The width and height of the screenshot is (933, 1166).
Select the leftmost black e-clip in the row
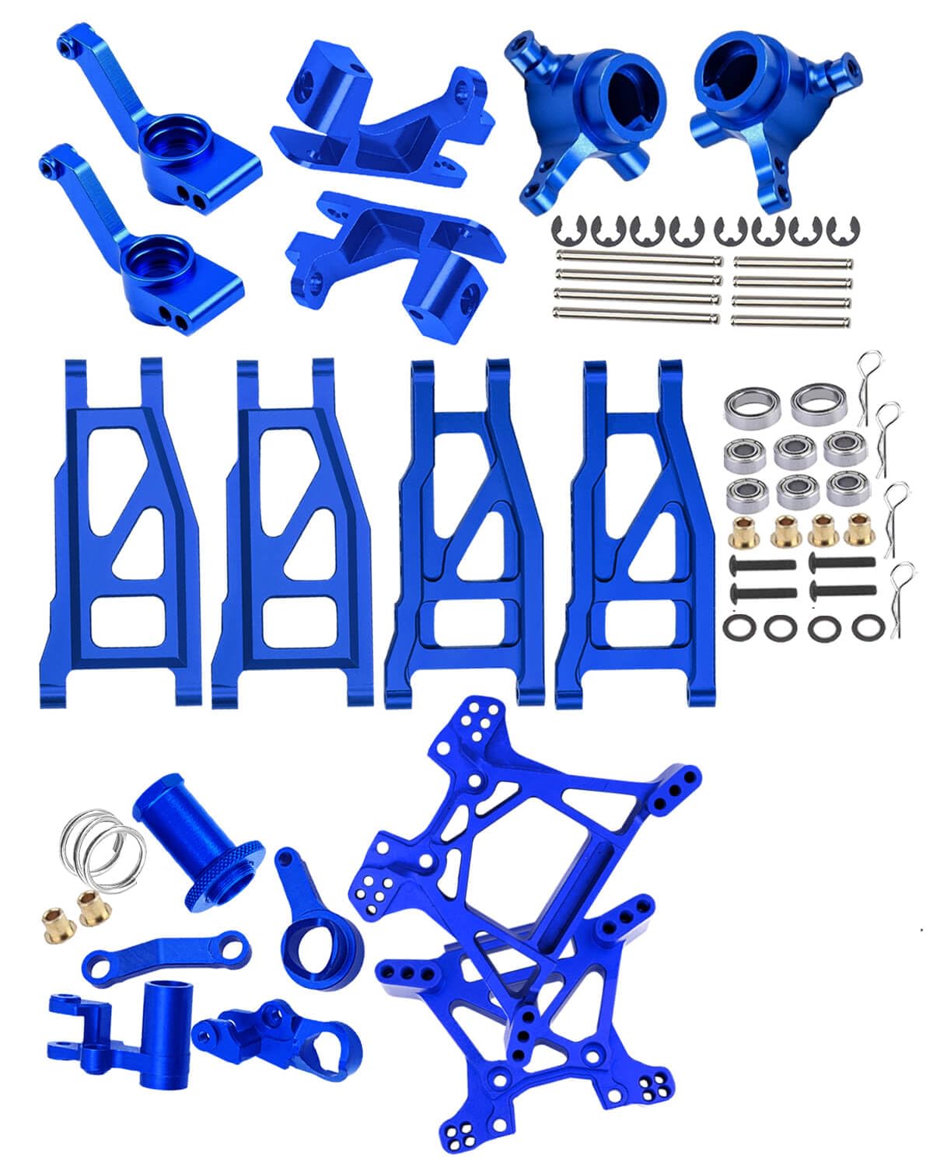565,229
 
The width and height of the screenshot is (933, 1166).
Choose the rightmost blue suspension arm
638,536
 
